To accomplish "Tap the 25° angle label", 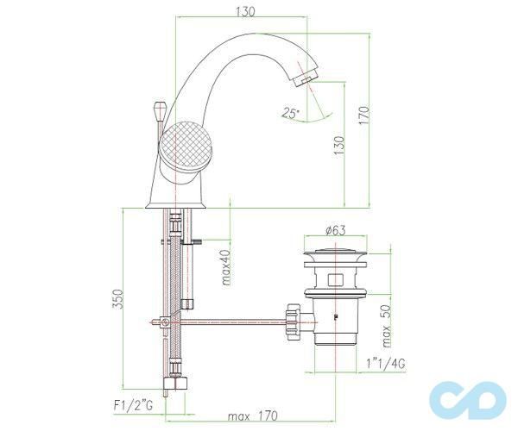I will point(290,112).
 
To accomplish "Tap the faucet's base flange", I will point(175,203).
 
